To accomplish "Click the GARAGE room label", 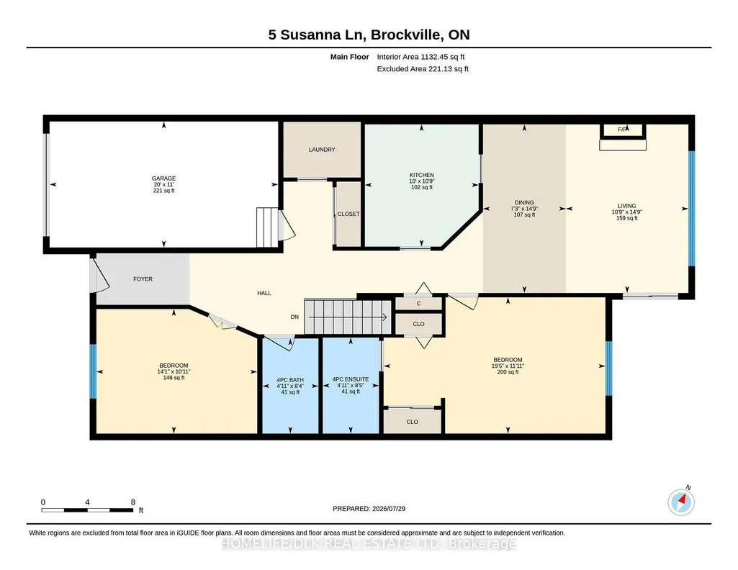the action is point(163,178).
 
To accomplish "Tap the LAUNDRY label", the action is point(322,150).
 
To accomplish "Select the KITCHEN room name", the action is point(422,175).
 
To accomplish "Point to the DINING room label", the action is point(524,203).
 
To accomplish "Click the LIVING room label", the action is point(627,206).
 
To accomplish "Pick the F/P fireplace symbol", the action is point(623,130).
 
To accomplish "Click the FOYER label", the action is point(143,279).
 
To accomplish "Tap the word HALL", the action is point(264,293).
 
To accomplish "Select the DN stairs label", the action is point(294,317).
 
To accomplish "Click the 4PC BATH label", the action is point(290,380).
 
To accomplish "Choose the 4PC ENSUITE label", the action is point(351,379).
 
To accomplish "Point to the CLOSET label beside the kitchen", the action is point(348,214).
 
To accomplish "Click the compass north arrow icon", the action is point(681,502).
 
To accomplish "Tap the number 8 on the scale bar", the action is point(133,502).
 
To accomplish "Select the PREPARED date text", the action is point(369,508).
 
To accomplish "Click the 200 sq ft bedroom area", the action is point(508,372).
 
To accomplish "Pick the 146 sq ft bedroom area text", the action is point(174,378).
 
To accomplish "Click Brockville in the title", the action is point(407,35).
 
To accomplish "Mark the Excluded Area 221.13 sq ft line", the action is point(423,68).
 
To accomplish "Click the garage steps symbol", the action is point(268,227).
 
